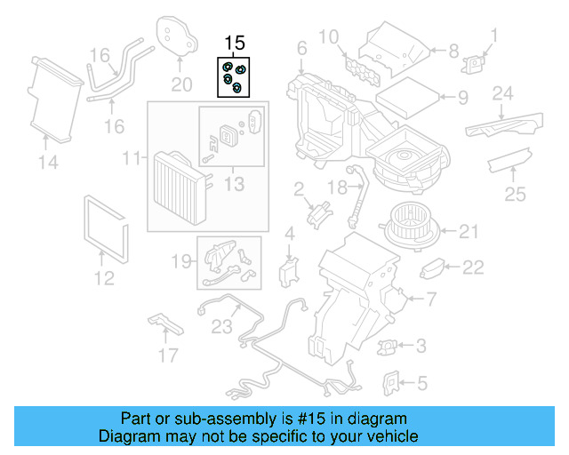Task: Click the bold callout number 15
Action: point(234,43)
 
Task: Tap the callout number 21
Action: point(470,233)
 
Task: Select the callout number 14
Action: point(47,161)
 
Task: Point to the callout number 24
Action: point(503,93)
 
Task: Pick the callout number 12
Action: point(104,278)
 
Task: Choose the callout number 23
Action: point(220,325)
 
